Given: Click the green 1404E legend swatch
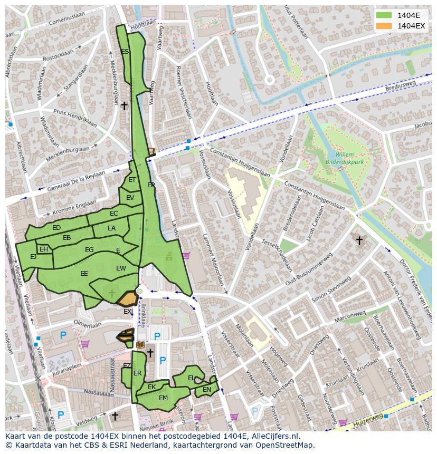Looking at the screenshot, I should click(384, 15).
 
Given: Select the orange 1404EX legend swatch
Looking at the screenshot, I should click(384, 26).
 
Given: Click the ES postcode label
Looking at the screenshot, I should click(125, 52).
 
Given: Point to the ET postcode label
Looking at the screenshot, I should click(132, 180).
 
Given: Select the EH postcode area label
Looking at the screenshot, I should click(44, 249).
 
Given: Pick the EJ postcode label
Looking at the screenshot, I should click(33, 257).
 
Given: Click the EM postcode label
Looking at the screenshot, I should click(163, 398).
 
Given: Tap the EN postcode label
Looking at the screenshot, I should click(207, 390).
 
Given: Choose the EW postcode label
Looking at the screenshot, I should click(121, 268).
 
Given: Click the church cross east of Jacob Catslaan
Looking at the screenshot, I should click(359, 240).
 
